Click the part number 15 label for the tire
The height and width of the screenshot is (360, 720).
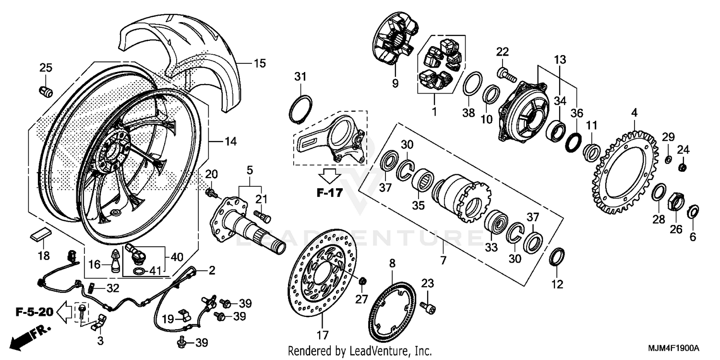(259, 63)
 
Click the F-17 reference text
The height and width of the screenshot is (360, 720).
(330, 193)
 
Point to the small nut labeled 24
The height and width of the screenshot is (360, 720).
(683, 167)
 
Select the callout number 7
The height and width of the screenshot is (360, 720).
(443, 261)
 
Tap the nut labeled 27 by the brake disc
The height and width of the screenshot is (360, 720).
(363, 280)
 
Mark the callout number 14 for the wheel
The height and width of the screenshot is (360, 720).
(230, 142)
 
